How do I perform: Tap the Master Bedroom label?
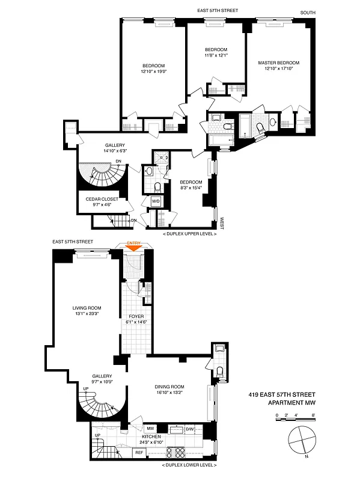[278, 63]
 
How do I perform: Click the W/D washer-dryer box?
[156, 201]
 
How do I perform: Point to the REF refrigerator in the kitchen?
[138, 451]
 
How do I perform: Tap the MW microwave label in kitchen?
[151, 428]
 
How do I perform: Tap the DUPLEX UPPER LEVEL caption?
[189, 233]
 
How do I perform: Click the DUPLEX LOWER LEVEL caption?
[189, 465]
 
